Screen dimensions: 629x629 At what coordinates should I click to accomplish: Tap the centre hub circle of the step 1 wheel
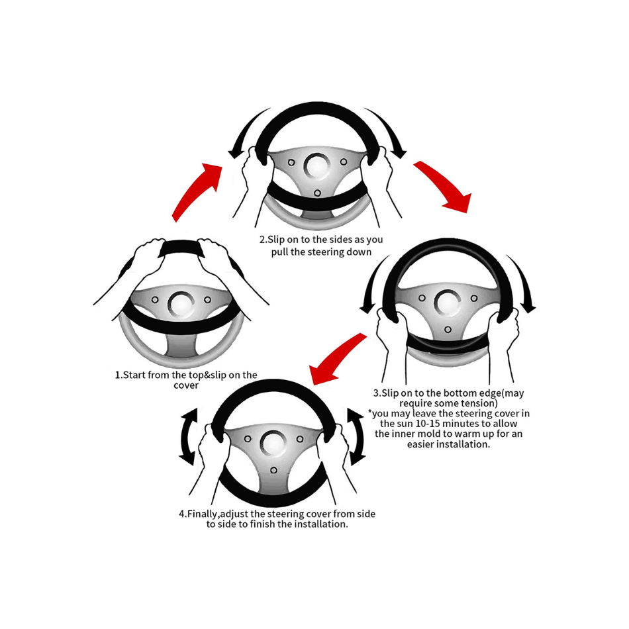click(181, 305)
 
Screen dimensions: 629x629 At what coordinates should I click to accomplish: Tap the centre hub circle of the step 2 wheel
click(317, 166)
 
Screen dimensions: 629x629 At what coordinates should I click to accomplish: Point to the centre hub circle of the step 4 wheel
click(273, 444)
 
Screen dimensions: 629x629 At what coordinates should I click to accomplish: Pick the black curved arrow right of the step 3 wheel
click(524, 281)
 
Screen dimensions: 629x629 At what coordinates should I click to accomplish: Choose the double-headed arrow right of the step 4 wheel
click(356, 437)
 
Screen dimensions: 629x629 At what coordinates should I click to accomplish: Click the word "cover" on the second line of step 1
click(186, 385)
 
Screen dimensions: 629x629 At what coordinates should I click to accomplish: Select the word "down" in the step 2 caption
click(359, 252)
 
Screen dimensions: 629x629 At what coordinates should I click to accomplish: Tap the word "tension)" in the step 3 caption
click(480, 403)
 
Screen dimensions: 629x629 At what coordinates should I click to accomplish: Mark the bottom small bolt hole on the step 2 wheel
click(317, 193)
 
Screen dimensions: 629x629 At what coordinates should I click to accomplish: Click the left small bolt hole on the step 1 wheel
click(155, 300)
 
